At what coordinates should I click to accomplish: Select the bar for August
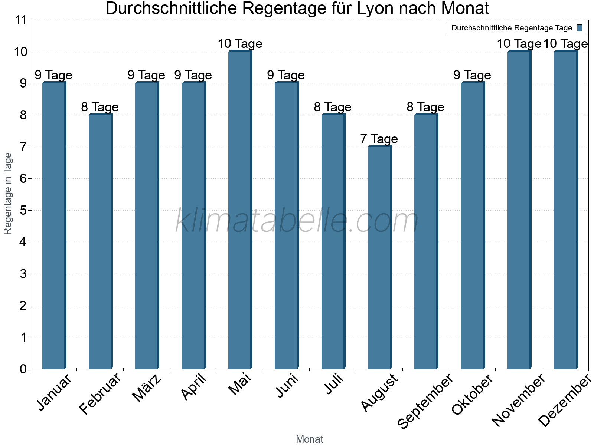click(379, 258)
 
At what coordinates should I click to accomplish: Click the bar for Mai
click(240, 210)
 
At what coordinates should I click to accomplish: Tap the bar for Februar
click(100, 242)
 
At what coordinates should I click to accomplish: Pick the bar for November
click(519, 210)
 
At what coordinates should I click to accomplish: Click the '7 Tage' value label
click(379, 139)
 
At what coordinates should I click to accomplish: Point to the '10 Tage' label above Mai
click(240, 44)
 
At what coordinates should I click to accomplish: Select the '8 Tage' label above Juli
click(333, 107)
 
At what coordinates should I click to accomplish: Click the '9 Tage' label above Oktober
click(472, 75)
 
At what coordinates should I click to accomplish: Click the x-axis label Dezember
click(565, 400)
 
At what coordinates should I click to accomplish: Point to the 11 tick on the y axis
click(21, 20)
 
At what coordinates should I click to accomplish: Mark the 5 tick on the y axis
click(23, 211)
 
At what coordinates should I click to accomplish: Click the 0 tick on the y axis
click(23, 369)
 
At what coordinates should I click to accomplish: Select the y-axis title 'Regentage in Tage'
click(8, 194)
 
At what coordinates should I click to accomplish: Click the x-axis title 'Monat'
click(309, 439)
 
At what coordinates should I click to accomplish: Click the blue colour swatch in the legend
click(580, 28)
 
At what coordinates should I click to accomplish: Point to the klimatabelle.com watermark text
click(297, 221)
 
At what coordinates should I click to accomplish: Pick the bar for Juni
click(286, 226)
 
